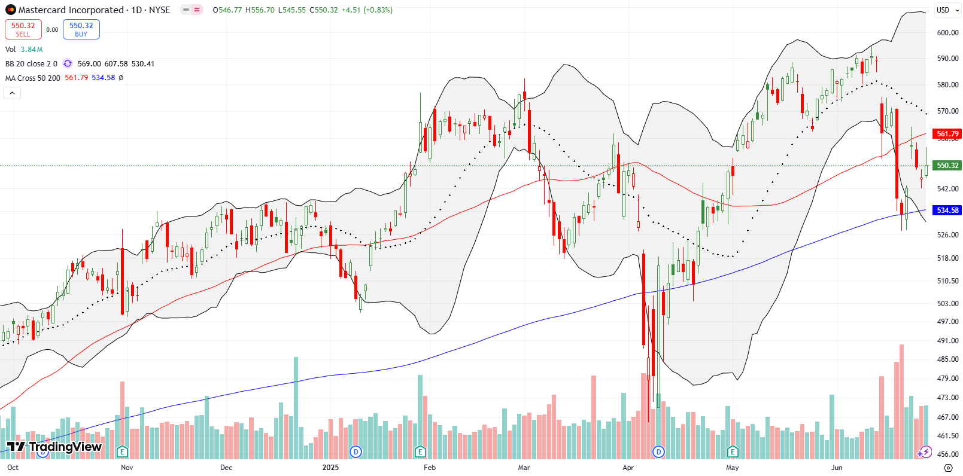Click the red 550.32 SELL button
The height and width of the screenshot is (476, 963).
pyautogui.click(x=23, y=29)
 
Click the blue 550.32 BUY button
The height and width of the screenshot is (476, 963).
pyautogui.click(x=81, y=29)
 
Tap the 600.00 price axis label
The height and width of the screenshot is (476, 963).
pyautogui.click(x=947, y=33)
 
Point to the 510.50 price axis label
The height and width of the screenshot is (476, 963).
pyautogui.click(x=947, y=281)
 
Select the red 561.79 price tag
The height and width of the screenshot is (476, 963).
pyautogui.click(x=947, y=134)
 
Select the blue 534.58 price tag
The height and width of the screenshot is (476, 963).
pyautogui.click(x=947, y=210)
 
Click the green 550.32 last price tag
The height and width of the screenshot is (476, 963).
pyautogui.click(x=947, y=166)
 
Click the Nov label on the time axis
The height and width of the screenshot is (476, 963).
pyautogui.click(x=127, y=468)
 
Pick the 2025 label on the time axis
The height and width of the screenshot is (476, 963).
pyautogui.click(x=330, y=468)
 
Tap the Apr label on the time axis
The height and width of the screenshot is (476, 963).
pyautogui.click(x=628, y=468)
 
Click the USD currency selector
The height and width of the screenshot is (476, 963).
pyautogui.click(x=944, y=10)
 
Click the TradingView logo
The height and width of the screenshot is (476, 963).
pyautogui.click(x=54, y=447)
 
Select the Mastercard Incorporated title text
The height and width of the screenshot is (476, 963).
pyautogui.click(x=70, y=10)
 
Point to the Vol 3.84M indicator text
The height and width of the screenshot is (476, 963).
pyautogui.click(x=24, y=50)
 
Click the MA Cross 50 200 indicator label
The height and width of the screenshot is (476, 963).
pyautogui.click(x=33, y=78)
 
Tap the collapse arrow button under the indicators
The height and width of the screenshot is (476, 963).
pyautogui.click(x=12, y=93)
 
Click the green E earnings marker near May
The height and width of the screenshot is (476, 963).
pyautogui.click(x=733, y=451)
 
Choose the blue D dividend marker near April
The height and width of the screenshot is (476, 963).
pyautogui.click(x=658, y=451)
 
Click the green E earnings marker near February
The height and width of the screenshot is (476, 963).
pyautogui.click(x=420, y=451)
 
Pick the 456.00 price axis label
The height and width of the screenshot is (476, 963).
pyautogui.click(x=947, y=454)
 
